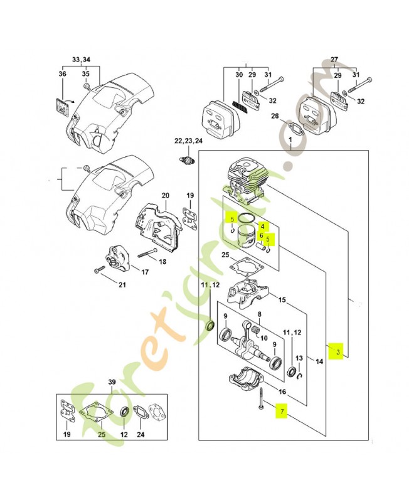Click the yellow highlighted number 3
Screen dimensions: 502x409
click(337, 351)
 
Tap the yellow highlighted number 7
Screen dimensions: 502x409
click(282, 412)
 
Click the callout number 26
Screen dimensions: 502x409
click(275, 115)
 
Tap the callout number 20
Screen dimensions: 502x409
click(165, 195)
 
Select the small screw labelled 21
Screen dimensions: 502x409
click(98, 270)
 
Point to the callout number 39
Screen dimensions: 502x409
click(112, 382)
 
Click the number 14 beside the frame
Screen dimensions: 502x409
click(319, 361)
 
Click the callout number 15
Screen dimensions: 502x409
click(282, 300)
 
